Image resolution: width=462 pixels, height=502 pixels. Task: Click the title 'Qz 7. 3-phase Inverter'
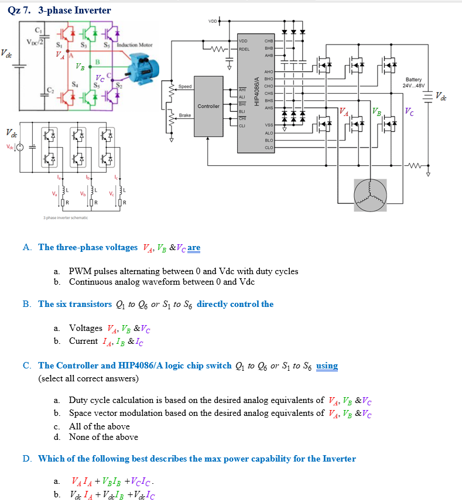(59, 10)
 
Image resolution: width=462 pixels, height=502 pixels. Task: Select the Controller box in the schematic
(209, 106)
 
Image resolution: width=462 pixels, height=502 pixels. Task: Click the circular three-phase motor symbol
(370, 195)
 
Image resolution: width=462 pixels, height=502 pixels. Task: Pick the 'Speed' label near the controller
(185, 87)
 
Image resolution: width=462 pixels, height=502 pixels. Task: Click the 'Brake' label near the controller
(185, 115)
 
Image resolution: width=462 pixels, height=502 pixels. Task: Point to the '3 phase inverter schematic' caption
(65, 218)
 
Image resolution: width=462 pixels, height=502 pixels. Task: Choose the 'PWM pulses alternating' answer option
(183, 271)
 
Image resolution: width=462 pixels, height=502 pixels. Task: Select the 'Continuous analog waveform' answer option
(162, 282)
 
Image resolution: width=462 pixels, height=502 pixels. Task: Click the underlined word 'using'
(327, 366)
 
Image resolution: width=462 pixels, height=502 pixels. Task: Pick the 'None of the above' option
(103, 437)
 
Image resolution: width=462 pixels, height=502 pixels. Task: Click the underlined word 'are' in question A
(194, 247)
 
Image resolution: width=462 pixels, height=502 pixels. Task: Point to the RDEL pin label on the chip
(245, 49)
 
